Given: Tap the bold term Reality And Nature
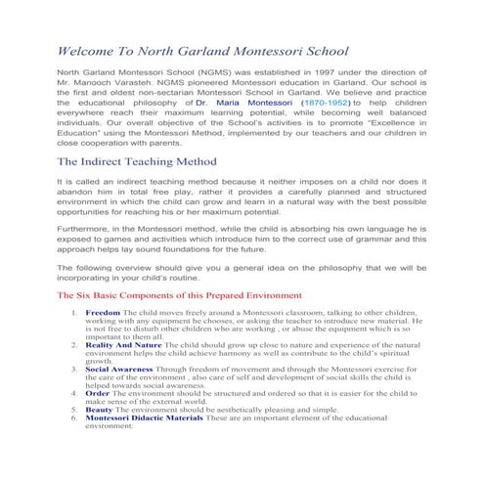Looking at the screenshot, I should click(x=124, y=346).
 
